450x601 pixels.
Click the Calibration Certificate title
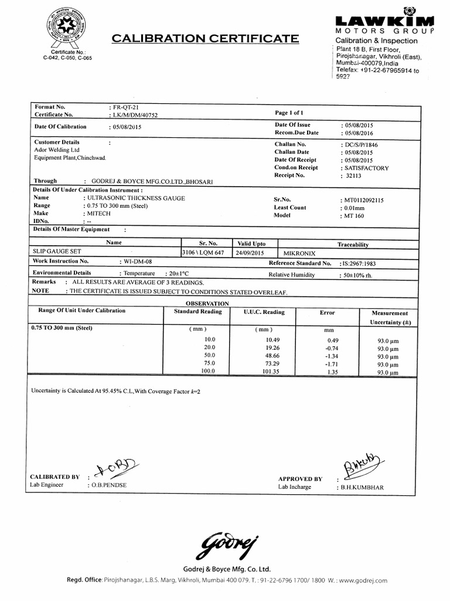click(x=204, y=39)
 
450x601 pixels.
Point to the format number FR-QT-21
click(x=125, y=107)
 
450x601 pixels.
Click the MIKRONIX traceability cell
click(x=299, y=253)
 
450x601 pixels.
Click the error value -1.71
click(x=333, y=363)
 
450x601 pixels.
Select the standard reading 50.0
click(x=209, y=356)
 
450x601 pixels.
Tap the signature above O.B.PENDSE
click(x=117, y=468)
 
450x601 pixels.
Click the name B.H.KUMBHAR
click(x=362, y=487)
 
